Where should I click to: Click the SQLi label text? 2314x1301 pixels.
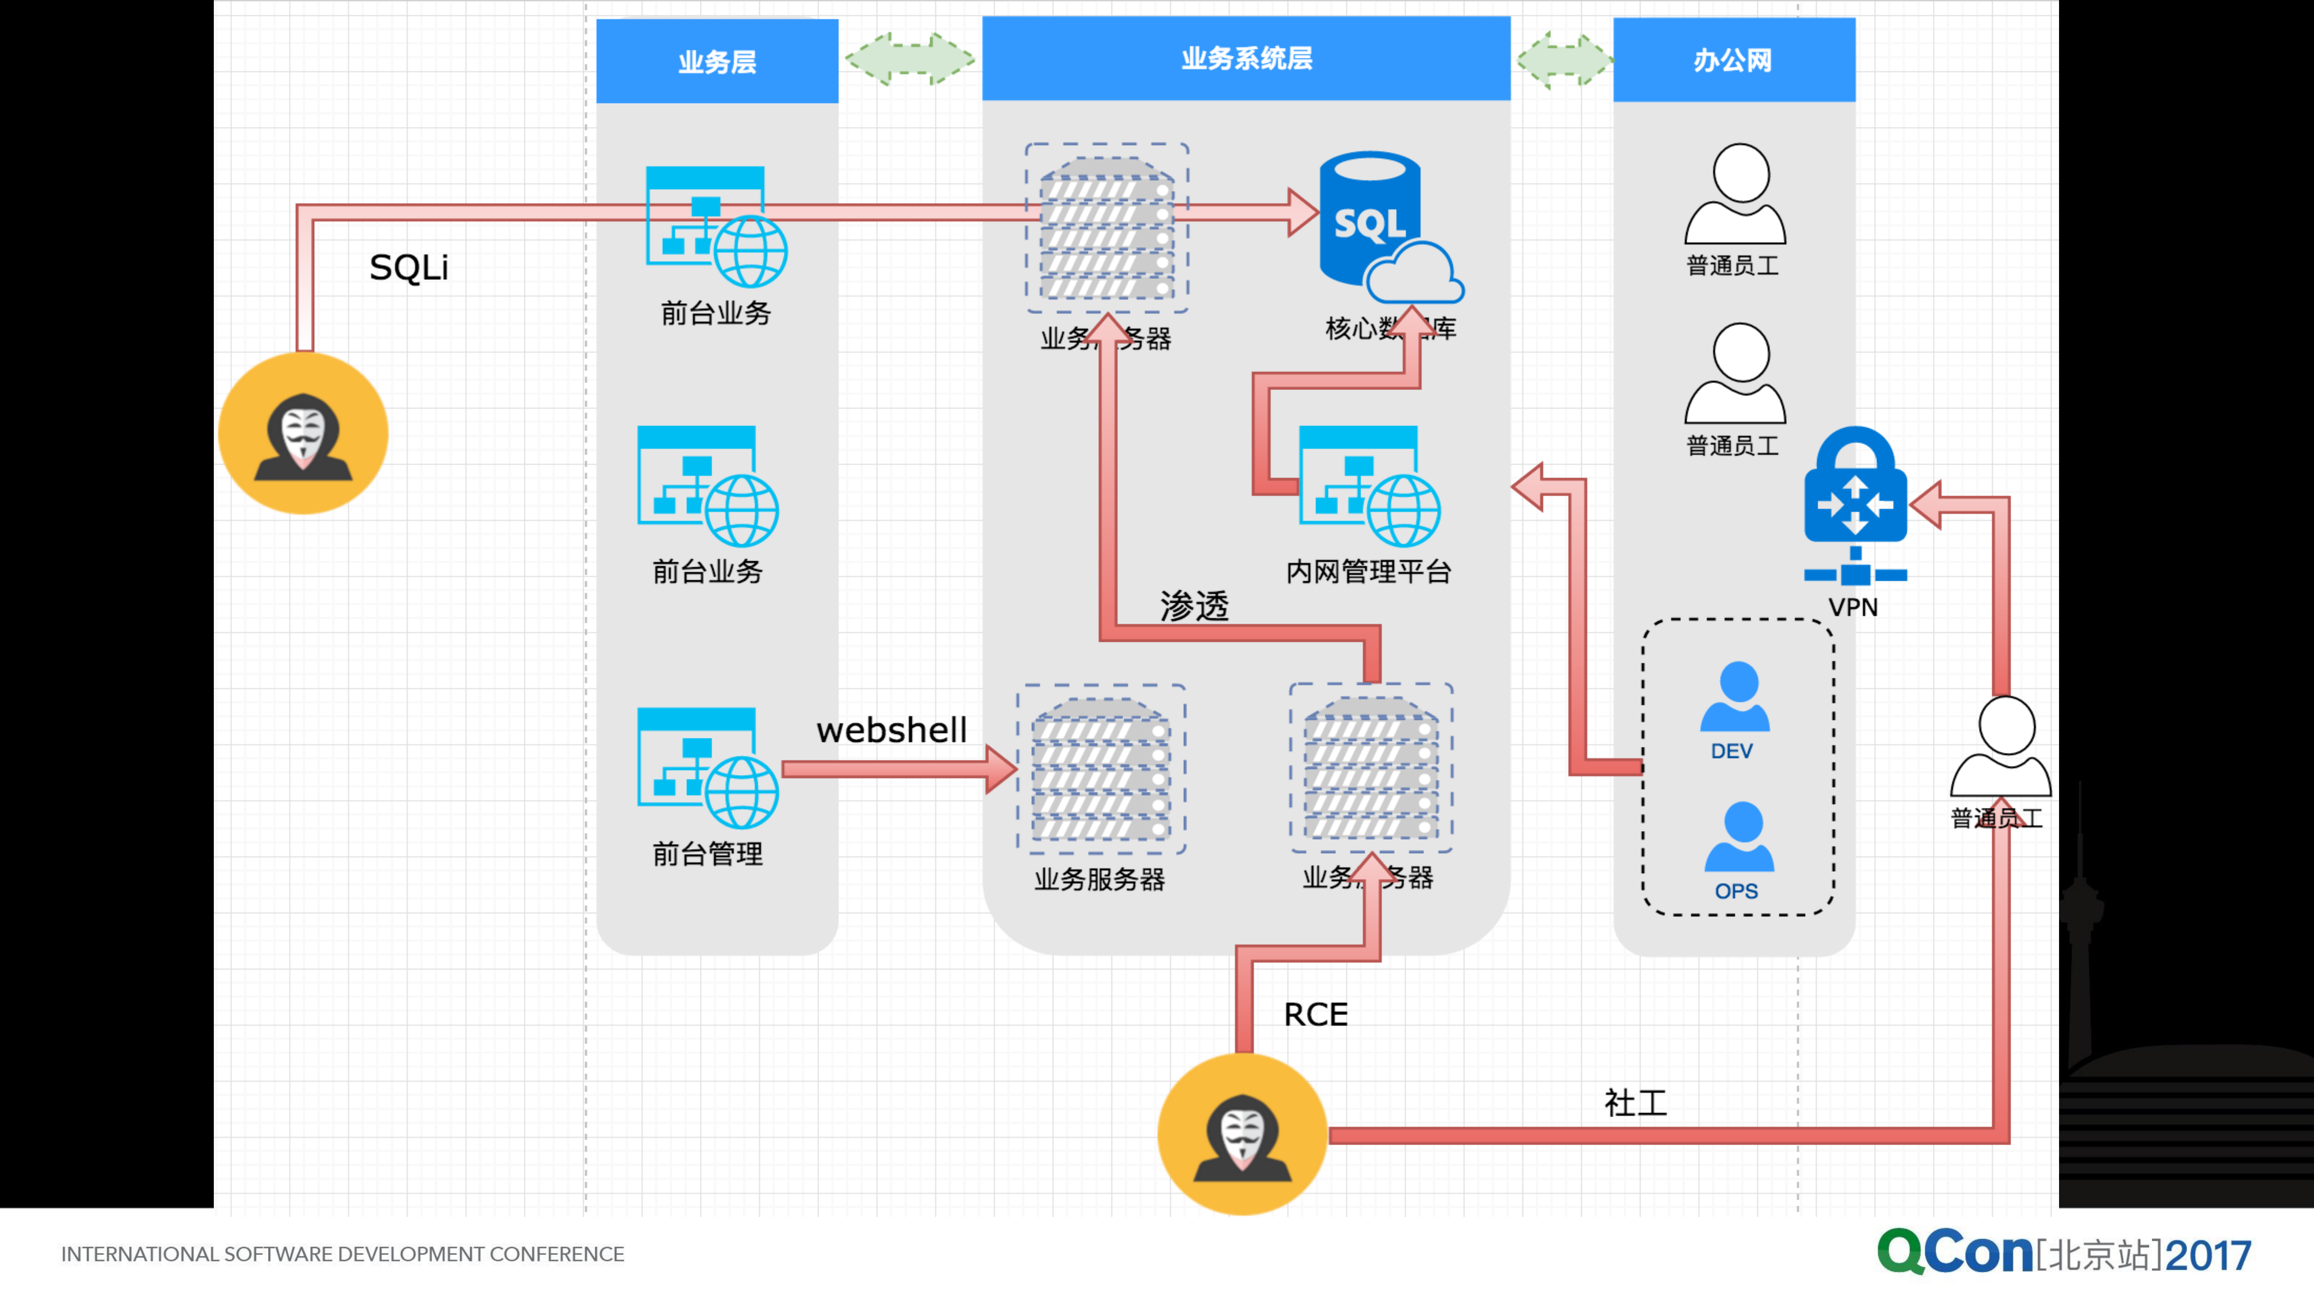pos(409,268)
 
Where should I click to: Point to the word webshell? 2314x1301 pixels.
pos(891,730)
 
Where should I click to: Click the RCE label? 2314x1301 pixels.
pos(1315,1014)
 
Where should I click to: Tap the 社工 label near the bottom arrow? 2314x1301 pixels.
pos(1635,1104)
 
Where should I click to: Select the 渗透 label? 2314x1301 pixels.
pos(1194,606)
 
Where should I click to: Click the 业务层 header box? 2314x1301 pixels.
pos(717,61)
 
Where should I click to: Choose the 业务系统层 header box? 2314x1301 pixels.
pos(1246,58)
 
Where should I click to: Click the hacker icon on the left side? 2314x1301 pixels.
pos(304,434)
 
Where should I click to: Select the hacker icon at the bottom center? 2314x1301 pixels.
pos(1242,1134)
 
